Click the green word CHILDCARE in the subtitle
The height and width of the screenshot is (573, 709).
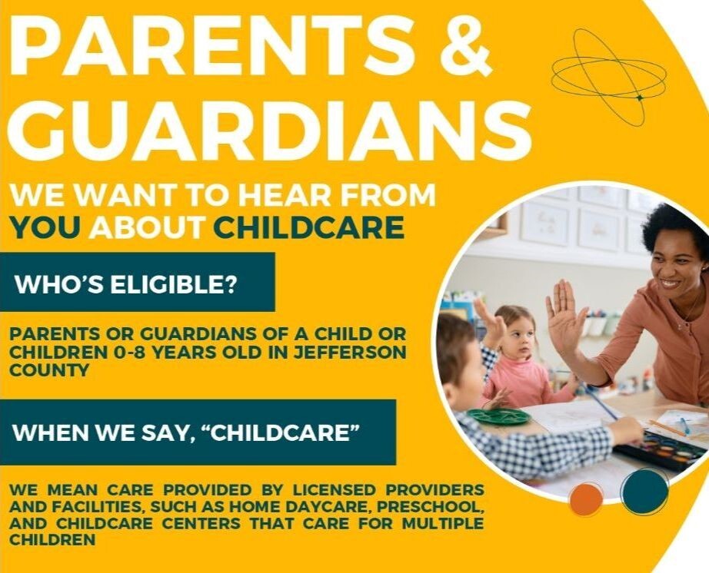tap(308, 227)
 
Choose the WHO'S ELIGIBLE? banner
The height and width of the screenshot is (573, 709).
tap(137, 282)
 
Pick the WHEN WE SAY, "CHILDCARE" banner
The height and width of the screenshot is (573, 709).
tap(198, 432)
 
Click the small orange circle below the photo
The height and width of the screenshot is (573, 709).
tap(586, 500)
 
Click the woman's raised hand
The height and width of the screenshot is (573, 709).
tap(566, 316)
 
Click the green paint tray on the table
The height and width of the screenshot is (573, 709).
tap(498, 416)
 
